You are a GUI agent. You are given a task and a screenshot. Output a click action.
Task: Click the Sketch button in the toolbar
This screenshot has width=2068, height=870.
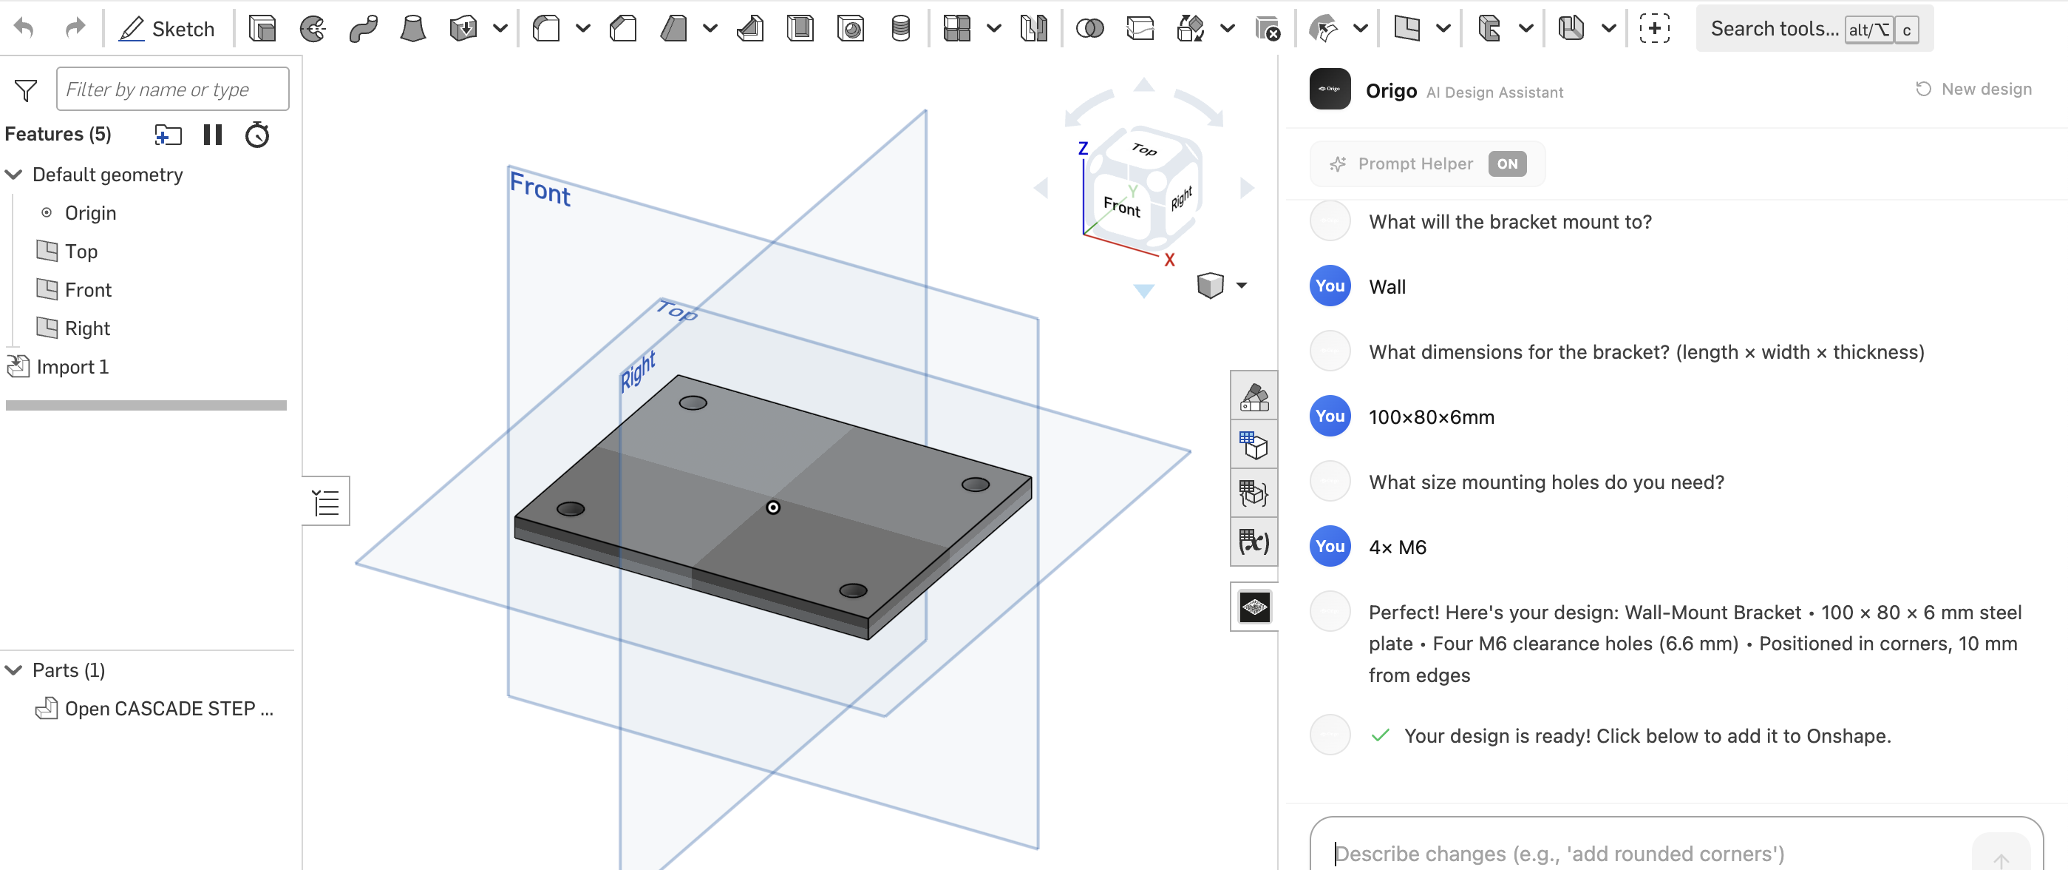tap(167, 29)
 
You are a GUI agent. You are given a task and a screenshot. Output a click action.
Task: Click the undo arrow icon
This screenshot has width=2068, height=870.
tap(24, 29)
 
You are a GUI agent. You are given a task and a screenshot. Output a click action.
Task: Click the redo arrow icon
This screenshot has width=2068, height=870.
tap(75, 29)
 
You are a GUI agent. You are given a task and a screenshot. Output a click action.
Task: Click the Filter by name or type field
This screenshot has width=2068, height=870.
tap(173, 90)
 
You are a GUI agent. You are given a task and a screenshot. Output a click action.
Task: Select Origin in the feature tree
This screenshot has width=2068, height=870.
tap(90, 213)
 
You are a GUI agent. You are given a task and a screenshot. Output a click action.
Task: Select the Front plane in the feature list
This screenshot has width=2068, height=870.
tap(87, 290)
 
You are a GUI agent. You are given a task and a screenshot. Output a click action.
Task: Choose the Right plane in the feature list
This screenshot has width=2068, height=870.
tap(86, 328)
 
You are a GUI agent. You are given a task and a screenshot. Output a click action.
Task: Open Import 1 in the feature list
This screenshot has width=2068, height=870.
tap(72, 367)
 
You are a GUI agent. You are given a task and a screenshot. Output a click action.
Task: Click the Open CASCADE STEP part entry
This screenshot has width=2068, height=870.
tap(168, 709)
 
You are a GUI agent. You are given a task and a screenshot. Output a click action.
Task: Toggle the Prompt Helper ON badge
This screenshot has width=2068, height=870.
tap(1506, 164)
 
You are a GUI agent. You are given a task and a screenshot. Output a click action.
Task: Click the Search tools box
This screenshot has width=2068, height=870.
tap(1774, 29)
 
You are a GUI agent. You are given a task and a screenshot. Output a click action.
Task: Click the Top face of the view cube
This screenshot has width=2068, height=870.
tap(1143, 149)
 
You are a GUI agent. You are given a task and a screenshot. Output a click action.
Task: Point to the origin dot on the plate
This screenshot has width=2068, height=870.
tap(772, 507)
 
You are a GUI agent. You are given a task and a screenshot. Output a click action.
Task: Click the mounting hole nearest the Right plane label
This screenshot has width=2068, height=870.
tap(692, 403)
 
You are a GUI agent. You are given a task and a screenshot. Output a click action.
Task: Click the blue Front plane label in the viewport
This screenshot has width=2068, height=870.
tap(540, 189)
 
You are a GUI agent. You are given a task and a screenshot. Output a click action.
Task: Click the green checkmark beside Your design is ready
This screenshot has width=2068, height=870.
tap(1380, 735)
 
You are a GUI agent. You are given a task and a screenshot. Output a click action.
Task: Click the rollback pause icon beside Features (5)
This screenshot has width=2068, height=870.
tap(213, 135)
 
